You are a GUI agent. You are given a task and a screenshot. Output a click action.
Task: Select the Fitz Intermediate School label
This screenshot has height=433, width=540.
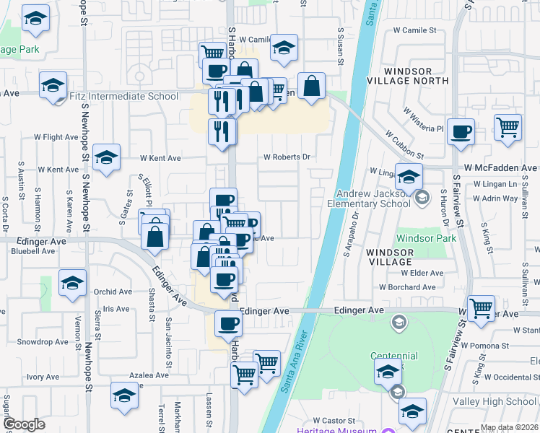(123, 95)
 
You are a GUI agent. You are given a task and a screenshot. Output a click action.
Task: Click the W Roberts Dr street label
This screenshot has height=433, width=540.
(287, 157)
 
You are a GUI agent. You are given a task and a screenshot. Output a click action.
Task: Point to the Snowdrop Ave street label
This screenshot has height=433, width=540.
(42, 341)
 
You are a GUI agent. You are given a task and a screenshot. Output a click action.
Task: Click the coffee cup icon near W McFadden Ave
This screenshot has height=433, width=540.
(461, 132)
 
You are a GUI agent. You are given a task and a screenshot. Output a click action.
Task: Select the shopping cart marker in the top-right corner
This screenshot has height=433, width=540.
(508, 127)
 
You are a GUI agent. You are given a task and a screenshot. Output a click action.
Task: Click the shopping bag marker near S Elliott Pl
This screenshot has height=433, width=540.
(155, 235)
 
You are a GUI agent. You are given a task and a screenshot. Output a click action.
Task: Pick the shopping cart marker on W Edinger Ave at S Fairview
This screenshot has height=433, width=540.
(481, 308)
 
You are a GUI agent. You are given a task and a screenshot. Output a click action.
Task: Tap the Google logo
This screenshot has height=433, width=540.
(24, 424)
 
